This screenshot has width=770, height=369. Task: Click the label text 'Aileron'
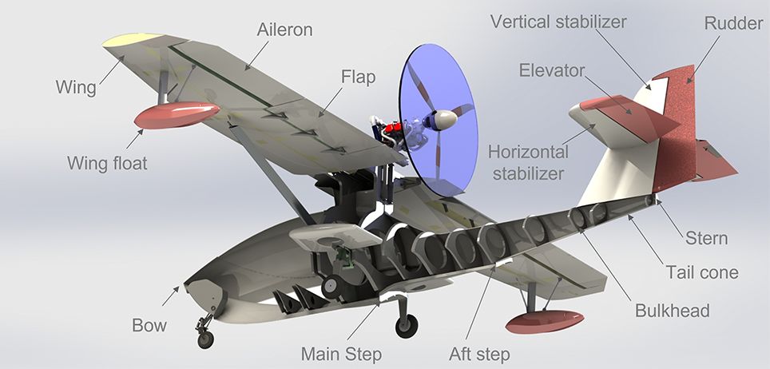(x=284, y=30)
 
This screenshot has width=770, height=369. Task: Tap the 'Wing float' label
(x=108, y=163)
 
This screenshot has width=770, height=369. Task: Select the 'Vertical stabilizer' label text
(x=558, y=22)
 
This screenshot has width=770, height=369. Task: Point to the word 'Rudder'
(x=734, y=23)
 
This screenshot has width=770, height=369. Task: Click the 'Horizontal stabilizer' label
(x=529, y=163)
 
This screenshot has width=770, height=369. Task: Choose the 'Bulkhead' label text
(x=673, y=311)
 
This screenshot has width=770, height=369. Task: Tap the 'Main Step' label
(x=341, y=354)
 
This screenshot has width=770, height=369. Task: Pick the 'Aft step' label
(x=479, y=354)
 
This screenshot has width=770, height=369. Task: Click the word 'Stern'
(x=707, y=238)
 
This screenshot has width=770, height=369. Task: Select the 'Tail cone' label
(x=702, y=272)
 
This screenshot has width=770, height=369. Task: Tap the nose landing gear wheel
(x=206, y=339)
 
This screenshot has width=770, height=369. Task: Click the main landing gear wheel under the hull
(x=407, y=326)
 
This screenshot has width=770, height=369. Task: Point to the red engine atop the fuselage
(x=393, y=129)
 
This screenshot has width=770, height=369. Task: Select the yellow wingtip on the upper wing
(x=133, y=40)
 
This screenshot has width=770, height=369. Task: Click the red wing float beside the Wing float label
(x=177, y=115)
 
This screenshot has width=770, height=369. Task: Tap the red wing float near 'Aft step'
(x=545, y=321)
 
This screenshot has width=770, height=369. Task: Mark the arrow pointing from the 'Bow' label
(x=170, y=296)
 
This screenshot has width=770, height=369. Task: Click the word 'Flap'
(x=359, y=77)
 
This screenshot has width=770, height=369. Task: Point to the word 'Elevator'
(x=552, y=70)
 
